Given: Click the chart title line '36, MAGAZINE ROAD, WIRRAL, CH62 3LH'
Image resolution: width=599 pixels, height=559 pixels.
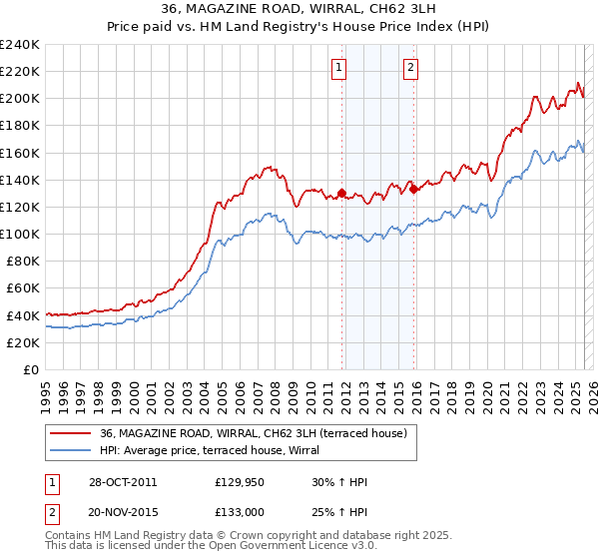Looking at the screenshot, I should pyautogui.click(x=299, y=10).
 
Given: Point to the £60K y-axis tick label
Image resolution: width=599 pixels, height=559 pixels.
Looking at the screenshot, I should pyautogui.click(x=23, y=288).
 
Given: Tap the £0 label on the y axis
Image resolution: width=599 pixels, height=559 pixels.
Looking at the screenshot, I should pyautogui.click(x=32, y=369).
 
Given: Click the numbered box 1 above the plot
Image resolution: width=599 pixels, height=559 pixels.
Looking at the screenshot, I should pyautogui.click(x=339, y=68).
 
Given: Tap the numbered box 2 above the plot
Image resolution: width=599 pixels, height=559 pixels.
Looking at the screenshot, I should pyautogui.click(x=411, y=68).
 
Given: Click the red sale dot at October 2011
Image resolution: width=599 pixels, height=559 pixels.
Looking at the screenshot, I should pyautogui.click(x=341, y=193).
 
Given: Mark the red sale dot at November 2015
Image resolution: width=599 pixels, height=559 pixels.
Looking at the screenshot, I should pyautogui.click(x=413, y=189).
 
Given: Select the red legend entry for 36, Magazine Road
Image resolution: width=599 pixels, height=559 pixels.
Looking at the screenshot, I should pyautogui.click(x=253, y=433).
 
